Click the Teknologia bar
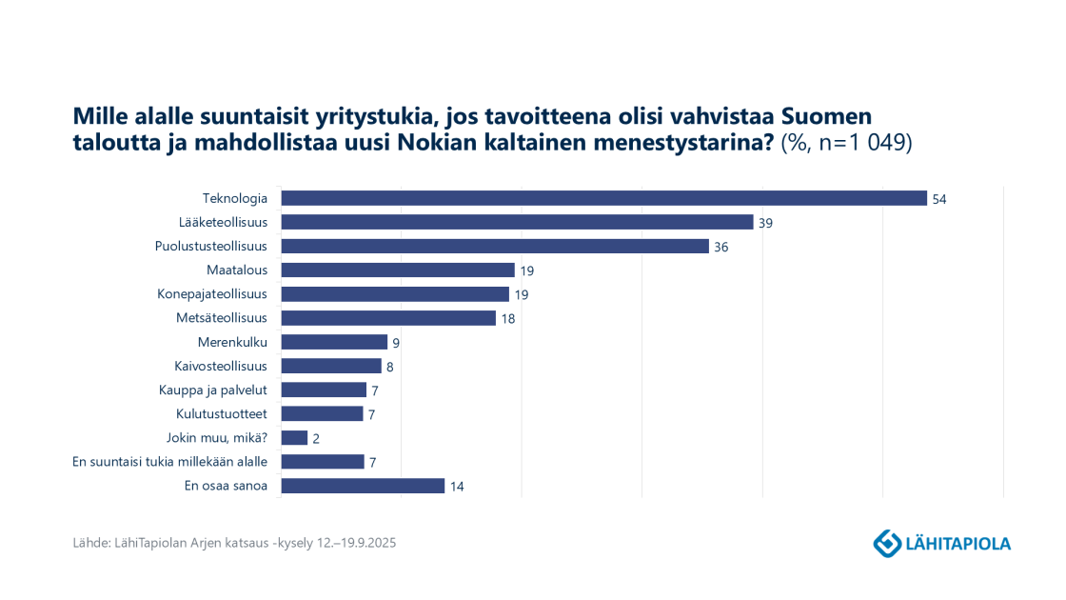(x=603, y=198)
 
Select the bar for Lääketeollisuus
(x=517, y=222)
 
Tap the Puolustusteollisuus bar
(x=495, y=246)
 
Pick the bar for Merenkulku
(x=334, y=342)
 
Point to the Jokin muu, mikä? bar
(x=294, y=438)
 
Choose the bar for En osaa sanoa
(x=363, y=486)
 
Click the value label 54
(x=940, y=199)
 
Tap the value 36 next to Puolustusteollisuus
(x=721, y=247)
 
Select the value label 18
(x=508, y=319)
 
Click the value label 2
(x=316, y=438)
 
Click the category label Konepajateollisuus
(x=211, y=293)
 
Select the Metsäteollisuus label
(x=221, y=318)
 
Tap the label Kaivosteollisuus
(x=220, y=366)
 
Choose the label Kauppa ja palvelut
(x=212, y=390)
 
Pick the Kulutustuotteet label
(x=221, y=413)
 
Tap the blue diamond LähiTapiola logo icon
(x=887, y=543)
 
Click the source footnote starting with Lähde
(x=234, y=543)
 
